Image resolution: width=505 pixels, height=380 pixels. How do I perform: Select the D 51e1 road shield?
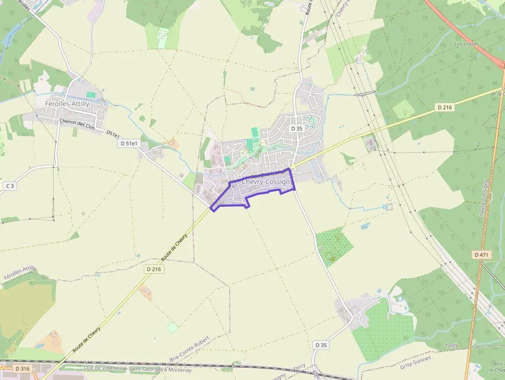(129, 143)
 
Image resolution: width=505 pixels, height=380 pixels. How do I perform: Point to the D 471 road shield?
(481, 255)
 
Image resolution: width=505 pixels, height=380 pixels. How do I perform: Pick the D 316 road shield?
(23, 369)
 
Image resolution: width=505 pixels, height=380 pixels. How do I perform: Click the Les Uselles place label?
(466, 44)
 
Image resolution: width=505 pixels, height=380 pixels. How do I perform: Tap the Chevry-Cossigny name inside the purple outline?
(266, 182)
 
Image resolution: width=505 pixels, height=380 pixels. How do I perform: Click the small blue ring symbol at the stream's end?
(384, 207)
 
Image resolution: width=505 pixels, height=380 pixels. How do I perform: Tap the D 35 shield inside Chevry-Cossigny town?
(296, 128)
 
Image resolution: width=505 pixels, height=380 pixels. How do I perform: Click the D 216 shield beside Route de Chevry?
(154, 269)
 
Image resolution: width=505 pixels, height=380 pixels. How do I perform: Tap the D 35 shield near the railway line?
(321, 345)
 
